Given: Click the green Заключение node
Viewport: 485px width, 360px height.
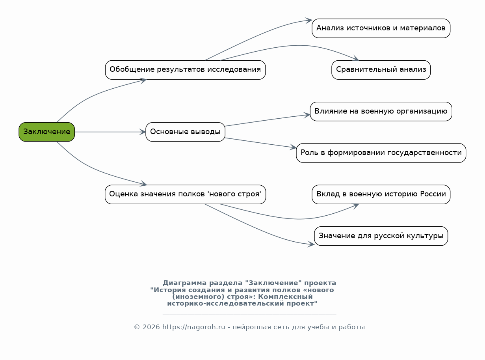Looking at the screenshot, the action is point(47,132).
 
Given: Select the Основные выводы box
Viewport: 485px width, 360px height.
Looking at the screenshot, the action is point(186,132).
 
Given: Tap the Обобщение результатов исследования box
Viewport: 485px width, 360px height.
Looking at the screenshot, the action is point(186,70).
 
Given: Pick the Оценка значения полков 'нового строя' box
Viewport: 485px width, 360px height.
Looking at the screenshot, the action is point(186,194).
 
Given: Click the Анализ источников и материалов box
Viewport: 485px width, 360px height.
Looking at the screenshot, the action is point(381,28).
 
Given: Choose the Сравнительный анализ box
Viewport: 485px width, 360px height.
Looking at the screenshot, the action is point(381,70).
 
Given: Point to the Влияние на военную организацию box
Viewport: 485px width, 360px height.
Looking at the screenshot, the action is point(381,112).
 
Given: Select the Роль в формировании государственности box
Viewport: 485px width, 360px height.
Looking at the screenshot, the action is point(381,153).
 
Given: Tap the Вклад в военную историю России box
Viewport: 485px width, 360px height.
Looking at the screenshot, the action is point(381,194).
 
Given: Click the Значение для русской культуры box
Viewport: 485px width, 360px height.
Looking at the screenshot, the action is point(381,236).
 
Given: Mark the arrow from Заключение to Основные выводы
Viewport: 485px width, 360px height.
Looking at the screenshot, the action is point(110,132).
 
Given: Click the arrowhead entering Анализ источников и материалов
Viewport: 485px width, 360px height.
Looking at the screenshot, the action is point(309,21).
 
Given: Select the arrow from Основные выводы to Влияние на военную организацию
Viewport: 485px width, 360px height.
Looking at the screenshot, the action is point(268,120).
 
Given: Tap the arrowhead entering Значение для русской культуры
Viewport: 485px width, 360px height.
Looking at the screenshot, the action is point(311,244).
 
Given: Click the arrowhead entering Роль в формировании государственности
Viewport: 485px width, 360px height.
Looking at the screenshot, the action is point(293,147).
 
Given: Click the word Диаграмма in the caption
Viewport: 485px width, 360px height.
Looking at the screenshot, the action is point(185,283).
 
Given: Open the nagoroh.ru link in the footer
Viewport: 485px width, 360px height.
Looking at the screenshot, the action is point(194,327).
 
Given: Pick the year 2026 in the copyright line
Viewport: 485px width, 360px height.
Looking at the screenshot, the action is point(151,327).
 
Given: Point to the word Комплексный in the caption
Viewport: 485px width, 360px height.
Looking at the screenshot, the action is point(285,297).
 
